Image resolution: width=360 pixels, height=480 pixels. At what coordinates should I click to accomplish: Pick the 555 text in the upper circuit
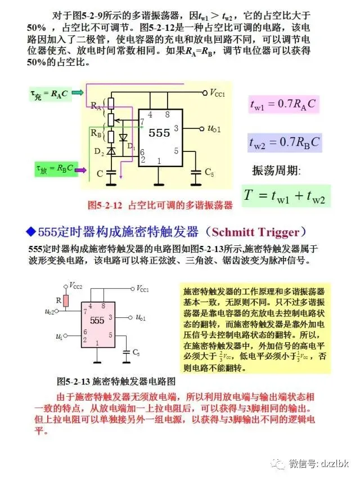(159, 133)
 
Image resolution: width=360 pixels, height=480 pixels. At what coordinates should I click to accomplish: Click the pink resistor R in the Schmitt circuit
(66, 301)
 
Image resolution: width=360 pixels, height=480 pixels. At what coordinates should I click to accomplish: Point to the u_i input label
(60, 336)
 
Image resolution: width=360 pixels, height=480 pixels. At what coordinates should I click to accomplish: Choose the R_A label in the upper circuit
(96, 105)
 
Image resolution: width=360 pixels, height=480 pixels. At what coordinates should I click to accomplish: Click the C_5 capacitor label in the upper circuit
(209, 172)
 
